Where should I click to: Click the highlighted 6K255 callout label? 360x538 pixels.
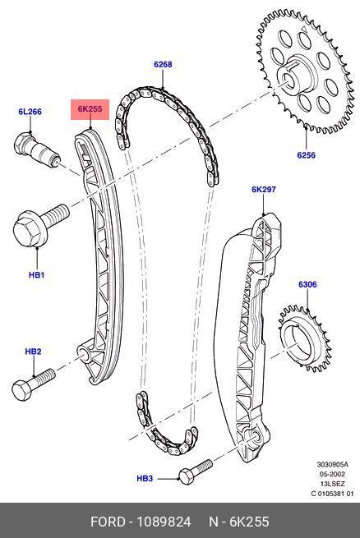click(90, 109)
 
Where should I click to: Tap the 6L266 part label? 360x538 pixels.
click(30, 112)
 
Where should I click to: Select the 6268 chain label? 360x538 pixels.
click(163, 64)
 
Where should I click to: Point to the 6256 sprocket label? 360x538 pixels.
click(306, 155)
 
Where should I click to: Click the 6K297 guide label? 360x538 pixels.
click(264, 189)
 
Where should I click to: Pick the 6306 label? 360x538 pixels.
click(307, 284)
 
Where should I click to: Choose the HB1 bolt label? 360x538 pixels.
click(36, 274)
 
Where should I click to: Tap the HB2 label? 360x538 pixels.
click(33, 352)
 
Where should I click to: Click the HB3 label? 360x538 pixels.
click(145, 478)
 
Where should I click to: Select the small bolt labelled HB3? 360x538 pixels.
click(195, 471)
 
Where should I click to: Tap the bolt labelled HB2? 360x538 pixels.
click(33, 384)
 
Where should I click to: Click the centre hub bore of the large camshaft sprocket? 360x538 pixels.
click(288, 78)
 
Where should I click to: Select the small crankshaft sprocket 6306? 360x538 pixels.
click(305, 338)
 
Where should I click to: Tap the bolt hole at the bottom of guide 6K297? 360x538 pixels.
click(254, 437)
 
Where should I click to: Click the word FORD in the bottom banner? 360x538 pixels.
click(108, 522)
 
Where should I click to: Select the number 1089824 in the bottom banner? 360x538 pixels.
click(164, 522)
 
